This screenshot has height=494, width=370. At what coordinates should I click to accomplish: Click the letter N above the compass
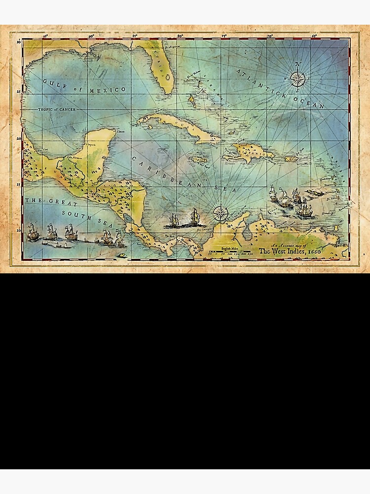tap(297, 64)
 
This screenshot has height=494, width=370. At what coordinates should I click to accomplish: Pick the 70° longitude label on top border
tap(270, 36)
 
